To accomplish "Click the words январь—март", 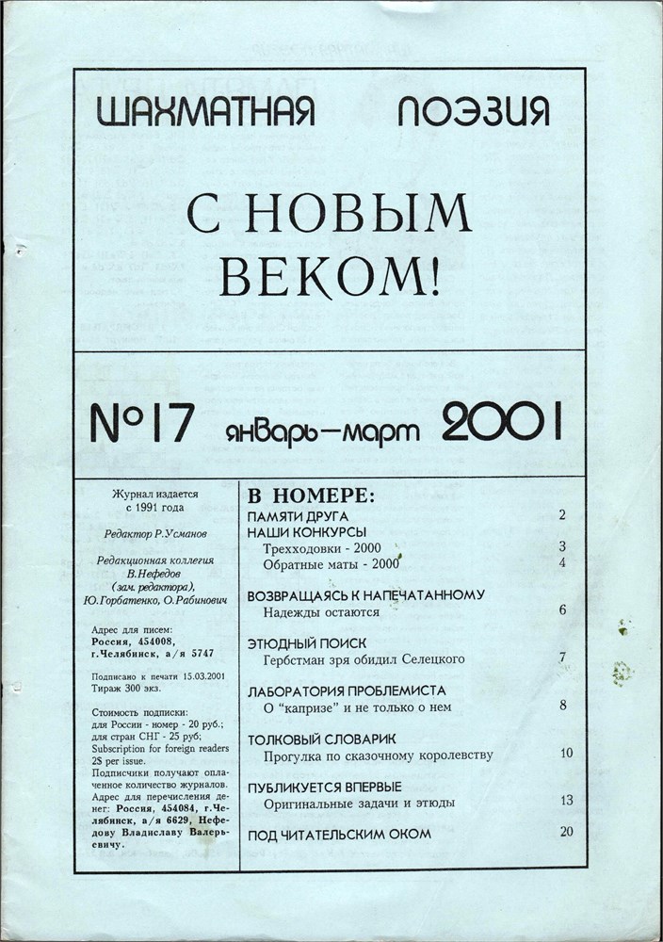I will (x=322, y=428).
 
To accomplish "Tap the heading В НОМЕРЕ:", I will (x=311, y=495).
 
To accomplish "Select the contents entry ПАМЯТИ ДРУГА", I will (x=299, y=516).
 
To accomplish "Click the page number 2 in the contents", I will (x=561, y=515).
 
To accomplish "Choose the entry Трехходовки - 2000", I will (x=322, y=547).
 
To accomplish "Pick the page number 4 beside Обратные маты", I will (x=561, y=563).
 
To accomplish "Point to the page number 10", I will (x=566, y=753).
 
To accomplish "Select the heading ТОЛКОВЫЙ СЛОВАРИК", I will (x=321, y=739).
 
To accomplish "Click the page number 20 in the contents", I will (x=566, y=832).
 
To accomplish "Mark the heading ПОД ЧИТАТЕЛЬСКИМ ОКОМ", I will (x=339, y=835).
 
